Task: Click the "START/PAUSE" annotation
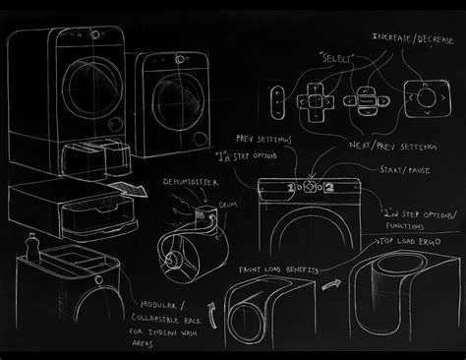(x=402, y=170)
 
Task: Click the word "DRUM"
(x=229, y=206)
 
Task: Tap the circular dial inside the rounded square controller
(x=424, y=100)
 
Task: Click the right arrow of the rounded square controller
(x=439, y=100)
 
